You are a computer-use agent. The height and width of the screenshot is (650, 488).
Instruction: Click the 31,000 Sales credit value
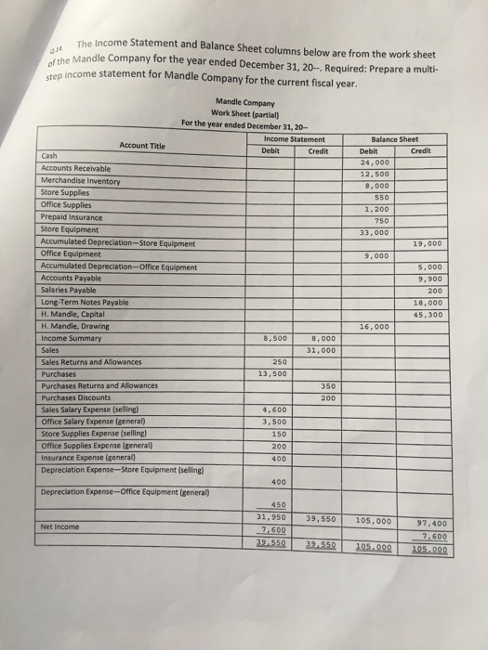click(319, 349)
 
